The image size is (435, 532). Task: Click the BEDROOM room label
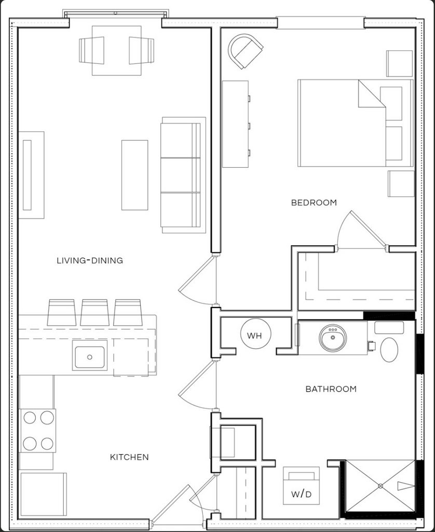(314, 203)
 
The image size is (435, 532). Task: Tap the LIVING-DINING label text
(89, 261)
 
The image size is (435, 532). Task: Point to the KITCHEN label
(129, 457)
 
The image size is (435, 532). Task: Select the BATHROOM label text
(331, 389)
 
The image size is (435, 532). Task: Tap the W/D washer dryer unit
(301, 486)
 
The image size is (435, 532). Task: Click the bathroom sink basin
(333, 338)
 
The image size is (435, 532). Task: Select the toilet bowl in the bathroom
(389, 350)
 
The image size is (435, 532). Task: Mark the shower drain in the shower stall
(380, 486)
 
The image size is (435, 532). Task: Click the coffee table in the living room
(134, 175)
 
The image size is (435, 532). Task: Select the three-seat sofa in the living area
(183, 175)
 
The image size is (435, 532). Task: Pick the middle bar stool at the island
(94, 312)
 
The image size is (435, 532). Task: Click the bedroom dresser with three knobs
(236, 124)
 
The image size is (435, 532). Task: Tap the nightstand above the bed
(399, 63)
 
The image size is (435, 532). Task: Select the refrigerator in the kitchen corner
(44, 495)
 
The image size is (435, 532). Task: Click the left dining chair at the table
(91, 50)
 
